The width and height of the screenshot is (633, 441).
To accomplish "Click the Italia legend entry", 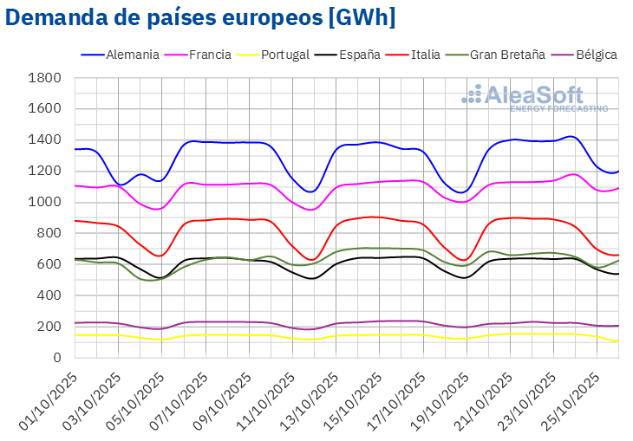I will pos(425,55).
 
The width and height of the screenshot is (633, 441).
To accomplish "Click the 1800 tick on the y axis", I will pos(44,78).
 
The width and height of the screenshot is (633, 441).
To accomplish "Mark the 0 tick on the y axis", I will pos(56,358).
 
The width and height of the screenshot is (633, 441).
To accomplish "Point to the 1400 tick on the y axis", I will pos(44,139).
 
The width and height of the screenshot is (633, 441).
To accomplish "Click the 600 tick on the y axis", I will pos(49,264).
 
